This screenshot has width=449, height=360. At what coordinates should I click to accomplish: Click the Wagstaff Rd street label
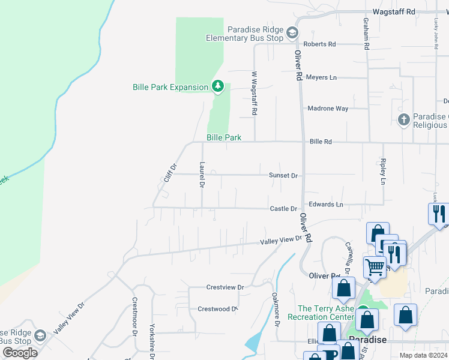[x=394, y=11]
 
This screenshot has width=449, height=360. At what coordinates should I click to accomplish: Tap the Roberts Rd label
[x=319, y=44]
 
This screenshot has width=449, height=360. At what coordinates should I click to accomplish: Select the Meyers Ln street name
[x=321, y=77]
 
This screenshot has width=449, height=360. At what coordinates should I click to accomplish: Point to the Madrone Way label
[x=328, y=109]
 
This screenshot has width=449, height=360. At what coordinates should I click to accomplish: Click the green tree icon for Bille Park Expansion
[x=218, y=87]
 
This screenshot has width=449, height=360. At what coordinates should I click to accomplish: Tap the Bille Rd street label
[x=321, y=142]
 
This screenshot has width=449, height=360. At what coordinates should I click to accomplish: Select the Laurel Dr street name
[x=202, y=175]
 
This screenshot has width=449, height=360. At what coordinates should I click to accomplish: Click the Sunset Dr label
[x=284, y=175]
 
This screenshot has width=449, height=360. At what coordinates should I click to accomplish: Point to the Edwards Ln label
[x=327, y=205]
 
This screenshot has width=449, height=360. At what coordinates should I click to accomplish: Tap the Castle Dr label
[x=283, y=209]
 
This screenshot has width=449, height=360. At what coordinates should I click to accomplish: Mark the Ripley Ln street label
[x=382, y=171]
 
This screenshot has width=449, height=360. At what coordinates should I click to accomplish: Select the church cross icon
[x=403, y=119]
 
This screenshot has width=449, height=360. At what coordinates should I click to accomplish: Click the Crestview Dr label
[x=225, y=287]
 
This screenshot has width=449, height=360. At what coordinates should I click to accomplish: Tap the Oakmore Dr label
[x=276, y=309]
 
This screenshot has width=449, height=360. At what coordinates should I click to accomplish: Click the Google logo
[x=20, y=352]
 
